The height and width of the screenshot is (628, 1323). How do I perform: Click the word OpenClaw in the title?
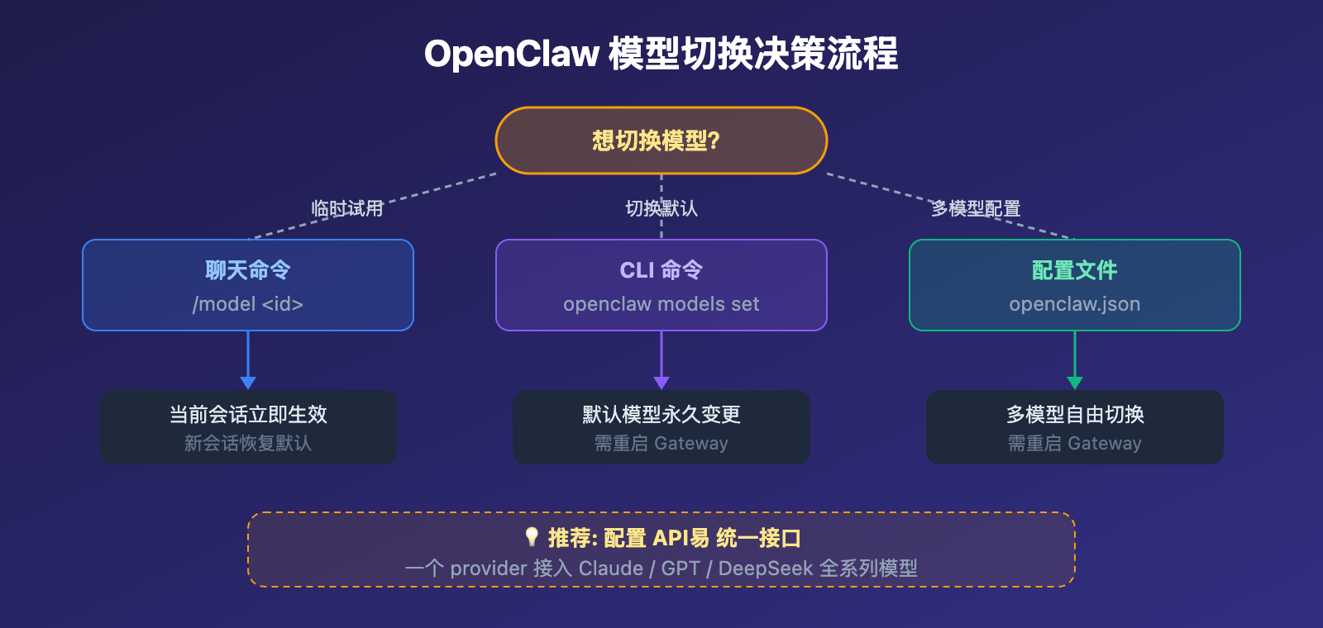point(511,55)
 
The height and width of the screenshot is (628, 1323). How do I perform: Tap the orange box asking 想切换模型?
point(661,140)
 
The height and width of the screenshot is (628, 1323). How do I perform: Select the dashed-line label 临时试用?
point(347,208)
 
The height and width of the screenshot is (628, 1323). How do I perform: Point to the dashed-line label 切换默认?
point(661,208)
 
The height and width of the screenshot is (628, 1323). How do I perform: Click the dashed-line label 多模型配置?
point(976,208)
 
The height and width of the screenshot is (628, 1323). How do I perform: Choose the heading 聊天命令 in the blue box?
point(247,270)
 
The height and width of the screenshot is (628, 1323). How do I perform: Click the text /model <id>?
point(247,304)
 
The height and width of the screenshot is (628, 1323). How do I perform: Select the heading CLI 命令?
point(661,270)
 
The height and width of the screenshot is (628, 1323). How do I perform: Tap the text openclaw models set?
point(661,304)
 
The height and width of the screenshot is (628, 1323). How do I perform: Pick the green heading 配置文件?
point(1074,270)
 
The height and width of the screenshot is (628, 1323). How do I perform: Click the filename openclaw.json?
point(1074,304)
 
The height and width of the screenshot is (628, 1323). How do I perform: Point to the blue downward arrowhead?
point(247,383)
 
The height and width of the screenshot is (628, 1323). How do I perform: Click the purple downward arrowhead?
point(661,383)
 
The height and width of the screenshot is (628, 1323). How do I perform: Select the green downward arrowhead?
point(1074,383)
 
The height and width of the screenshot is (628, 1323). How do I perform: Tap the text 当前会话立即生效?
point(247,414)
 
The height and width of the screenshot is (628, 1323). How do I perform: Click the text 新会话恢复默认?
point(247,444)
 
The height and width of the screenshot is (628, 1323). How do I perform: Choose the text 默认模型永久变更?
point(661,414)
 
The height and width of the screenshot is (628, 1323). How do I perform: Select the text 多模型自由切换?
point(1074,414)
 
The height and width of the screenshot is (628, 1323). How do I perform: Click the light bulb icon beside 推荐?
point(532,537)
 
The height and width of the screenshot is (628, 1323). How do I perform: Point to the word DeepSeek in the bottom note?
point(765,569)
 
